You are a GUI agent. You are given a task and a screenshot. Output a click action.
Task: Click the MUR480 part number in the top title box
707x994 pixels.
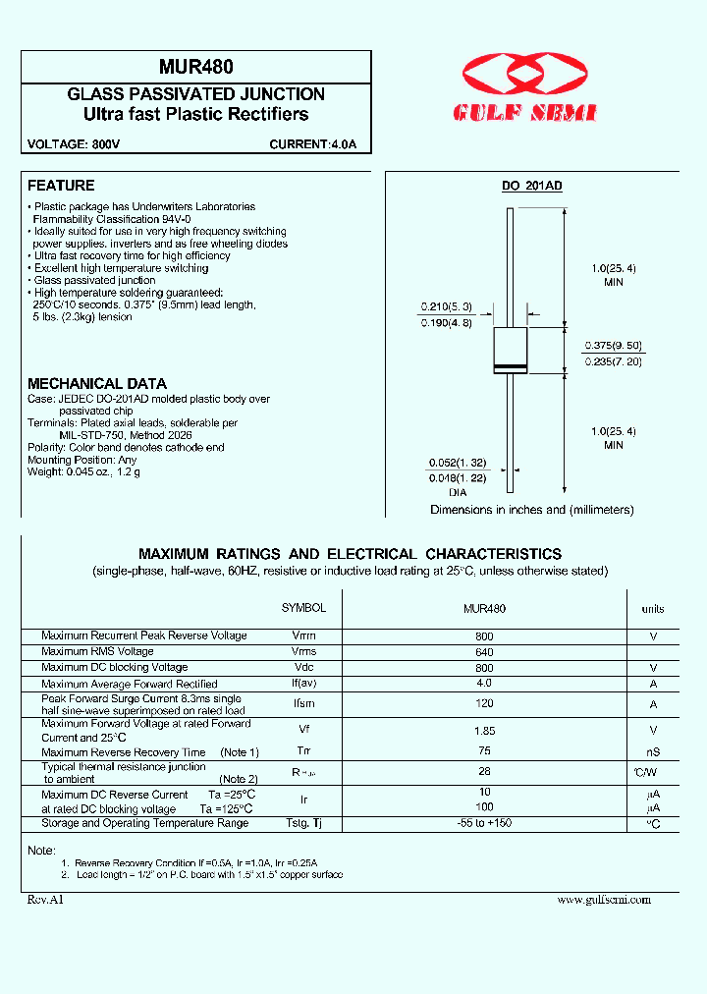point(195,67)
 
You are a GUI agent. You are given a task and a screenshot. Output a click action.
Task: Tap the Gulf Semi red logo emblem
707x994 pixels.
point(527,76)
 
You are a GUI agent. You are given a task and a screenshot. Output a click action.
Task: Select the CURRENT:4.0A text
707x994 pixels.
point(313,145)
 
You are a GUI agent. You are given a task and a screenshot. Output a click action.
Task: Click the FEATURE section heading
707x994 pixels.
point(61,186)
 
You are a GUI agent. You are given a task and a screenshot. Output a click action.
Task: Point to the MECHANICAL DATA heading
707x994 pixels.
point(97,383)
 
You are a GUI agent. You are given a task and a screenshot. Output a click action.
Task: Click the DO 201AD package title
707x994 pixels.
point(531,187)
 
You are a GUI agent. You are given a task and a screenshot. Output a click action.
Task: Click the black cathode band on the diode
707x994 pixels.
point(510,367)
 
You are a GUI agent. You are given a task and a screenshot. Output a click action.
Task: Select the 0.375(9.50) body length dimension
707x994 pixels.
point(614,345)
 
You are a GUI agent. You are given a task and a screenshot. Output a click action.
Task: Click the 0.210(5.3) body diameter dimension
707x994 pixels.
point(447,306)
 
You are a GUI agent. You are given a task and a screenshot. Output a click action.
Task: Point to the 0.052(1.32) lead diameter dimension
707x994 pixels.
point(457,463)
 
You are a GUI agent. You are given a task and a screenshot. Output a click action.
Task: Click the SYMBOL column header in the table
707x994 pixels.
point(303,608)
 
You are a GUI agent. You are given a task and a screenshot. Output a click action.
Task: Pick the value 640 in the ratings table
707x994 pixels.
point(484,651)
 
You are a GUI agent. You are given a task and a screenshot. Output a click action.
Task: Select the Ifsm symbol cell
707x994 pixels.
point(303,704)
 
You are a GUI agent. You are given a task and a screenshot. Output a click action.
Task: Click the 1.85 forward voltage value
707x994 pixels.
point(484,731)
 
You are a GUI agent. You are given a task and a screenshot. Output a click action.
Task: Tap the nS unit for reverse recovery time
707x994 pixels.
point(653,752)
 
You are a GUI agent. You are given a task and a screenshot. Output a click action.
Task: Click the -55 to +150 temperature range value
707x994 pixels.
point(484,823)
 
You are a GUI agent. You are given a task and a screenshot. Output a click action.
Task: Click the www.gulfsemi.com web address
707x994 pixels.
point(603,899)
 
